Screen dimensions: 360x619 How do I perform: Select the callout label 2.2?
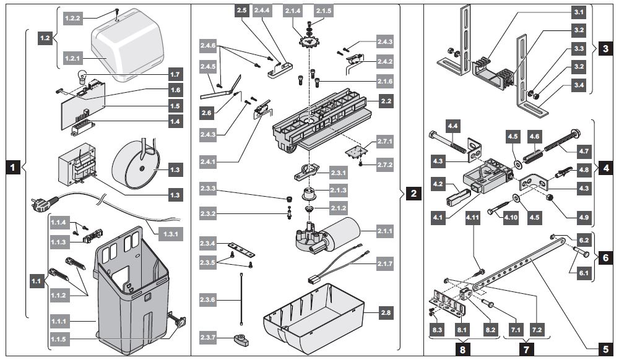pos(386,100)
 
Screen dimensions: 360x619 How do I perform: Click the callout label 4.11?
pos(473,217)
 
